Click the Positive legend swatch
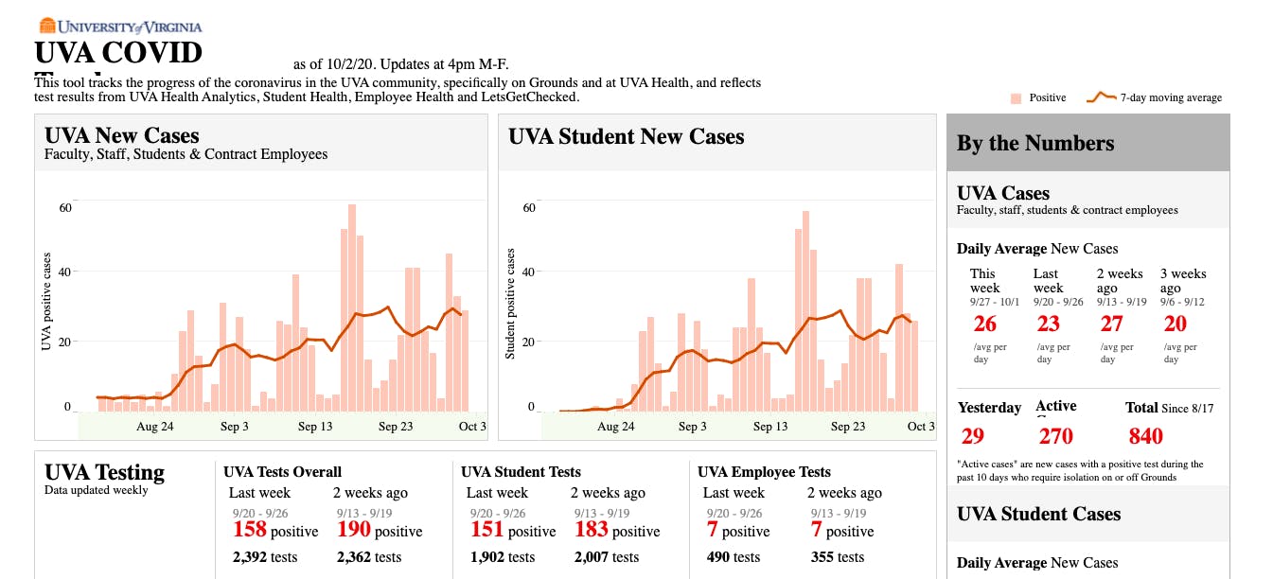(1016, 97)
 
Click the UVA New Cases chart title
(121, 135)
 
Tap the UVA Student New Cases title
(626, 136)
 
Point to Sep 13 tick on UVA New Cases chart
(315, 427)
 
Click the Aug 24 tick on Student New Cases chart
(615, 427)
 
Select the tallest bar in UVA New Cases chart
(351, 307)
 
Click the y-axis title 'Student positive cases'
(510, 304)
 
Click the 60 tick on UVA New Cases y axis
(66, 208)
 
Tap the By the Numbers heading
(1035, 144)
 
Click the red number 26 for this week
(984, 324)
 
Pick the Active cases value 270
(1055, 436)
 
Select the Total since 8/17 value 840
(1145, 436)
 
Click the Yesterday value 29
(972, 436)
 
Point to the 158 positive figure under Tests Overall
(250, 530)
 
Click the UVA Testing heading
(104, 472)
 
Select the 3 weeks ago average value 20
(1175, 324)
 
